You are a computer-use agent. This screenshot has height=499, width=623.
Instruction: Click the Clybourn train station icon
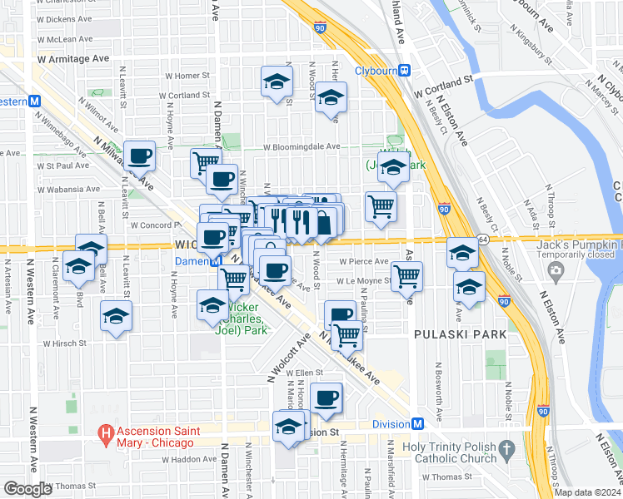[x=405, y=71]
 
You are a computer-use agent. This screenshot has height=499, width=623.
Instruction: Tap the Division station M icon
[x=418, y=423]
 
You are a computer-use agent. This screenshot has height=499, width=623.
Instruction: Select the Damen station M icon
[x=215, y=260]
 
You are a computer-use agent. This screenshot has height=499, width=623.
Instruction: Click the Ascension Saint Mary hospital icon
[x=106, y=432]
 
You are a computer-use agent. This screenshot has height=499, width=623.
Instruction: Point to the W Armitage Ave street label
[x=73, y=59]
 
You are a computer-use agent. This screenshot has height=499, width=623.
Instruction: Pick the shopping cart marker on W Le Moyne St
[x=406, y=275]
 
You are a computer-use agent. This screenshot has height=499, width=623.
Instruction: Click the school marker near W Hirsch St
[x=117, y=316]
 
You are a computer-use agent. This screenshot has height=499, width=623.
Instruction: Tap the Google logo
[x=27, y=489]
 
